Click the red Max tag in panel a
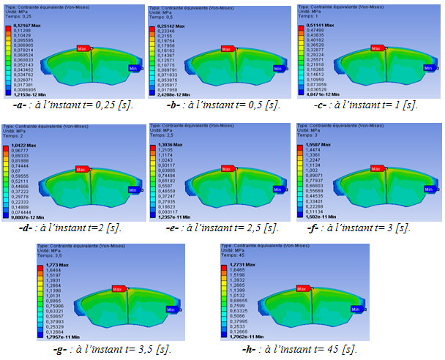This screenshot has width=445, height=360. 83,49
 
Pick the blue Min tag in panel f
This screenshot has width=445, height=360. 429,190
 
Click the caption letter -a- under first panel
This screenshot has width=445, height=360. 19,105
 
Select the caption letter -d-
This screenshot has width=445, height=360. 20,227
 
